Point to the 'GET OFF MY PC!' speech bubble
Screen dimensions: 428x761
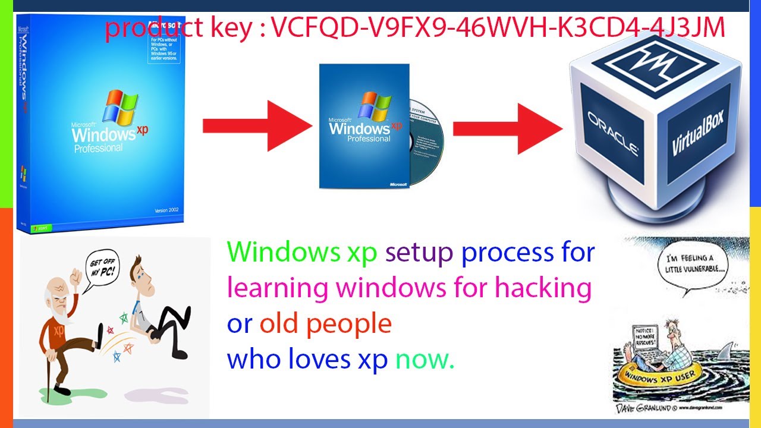100,271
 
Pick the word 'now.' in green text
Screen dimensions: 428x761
425,359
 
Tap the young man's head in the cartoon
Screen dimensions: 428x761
142,270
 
